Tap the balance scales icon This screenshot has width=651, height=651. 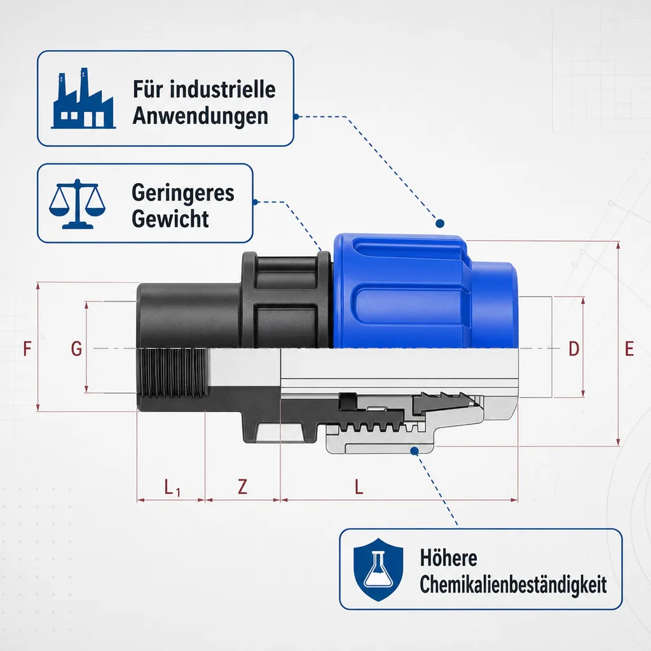click(77, 203)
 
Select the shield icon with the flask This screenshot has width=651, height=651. click(378, 570)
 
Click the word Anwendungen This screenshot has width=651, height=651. click(200, 116)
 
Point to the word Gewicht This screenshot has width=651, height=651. click(170, 219)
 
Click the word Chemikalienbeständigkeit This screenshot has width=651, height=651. click(513, 585)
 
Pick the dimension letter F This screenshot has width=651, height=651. click(27, 349)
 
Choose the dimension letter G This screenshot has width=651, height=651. click(76, 349)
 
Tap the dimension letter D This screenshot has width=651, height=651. click(574, 349)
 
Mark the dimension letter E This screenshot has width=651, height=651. click(629, 349)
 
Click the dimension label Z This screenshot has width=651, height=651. click(242, 486)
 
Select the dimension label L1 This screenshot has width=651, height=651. click(172, 488)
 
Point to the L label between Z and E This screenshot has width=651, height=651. click(359, 486)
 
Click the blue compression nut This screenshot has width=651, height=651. click(423, 291)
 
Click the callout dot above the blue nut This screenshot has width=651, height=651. click(440, 223)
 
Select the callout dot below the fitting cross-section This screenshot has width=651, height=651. click(415, 451)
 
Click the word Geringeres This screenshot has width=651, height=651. click(182, 193)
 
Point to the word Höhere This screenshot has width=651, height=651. click(448, 558)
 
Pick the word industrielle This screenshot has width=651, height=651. click(223, 89)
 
